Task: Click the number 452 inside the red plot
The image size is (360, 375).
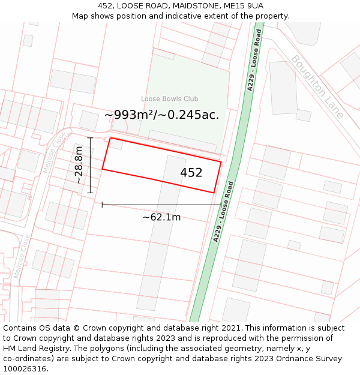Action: [x=191, y=173]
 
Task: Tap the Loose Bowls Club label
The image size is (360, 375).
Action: [x=170, y=99]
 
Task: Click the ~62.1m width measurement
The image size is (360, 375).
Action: [x=161, y=217]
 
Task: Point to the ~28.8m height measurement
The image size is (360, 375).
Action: [x=79, y=165]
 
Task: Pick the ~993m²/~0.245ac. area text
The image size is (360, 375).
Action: [x=162, y=115]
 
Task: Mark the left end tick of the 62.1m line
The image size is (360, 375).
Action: [x=103, y=205]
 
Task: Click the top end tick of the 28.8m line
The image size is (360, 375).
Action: [x=90, y=138]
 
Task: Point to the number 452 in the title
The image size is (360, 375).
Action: [x=106, y=6]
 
